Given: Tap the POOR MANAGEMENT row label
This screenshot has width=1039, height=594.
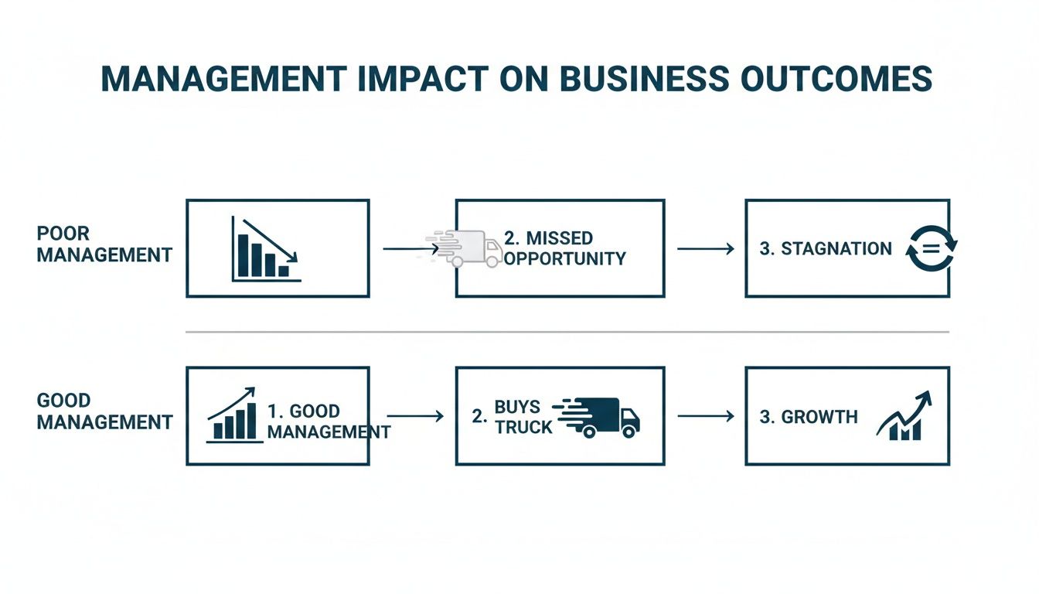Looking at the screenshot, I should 104,244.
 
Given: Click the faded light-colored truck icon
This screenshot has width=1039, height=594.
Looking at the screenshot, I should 466,248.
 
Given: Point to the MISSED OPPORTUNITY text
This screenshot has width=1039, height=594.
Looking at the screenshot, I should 565,247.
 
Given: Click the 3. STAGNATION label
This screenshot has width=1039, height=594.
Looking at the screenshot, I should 826,249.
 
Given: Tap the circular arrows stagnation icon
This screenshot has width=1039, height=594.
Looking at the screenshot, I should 931,249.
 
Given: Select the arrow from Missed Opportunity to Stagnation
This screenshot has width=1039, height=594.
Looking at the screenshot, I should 705,248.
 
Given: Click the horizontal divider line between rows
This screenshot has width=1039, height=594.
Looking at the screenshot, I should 567,332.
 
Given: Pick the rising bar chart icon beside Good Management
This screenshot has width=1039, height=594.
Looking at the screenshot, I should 233,416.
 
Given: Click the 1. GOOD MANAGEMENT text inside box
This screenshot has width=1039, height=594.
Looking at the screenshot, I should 328,422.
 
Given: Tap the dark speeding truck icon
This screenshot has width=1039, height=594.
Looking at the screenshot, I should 601,417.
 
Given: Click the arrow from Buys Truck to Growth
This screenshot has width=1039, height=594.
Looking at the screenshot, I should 705,416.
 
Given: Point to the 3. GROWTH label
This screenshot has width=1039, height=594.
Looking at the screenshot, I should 809,417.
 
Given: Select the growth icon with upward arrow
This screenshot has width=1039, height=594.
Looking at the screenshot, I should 904,417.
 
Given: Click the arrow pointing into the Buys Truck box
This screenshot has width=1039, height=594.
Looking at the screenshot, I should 415,416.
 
